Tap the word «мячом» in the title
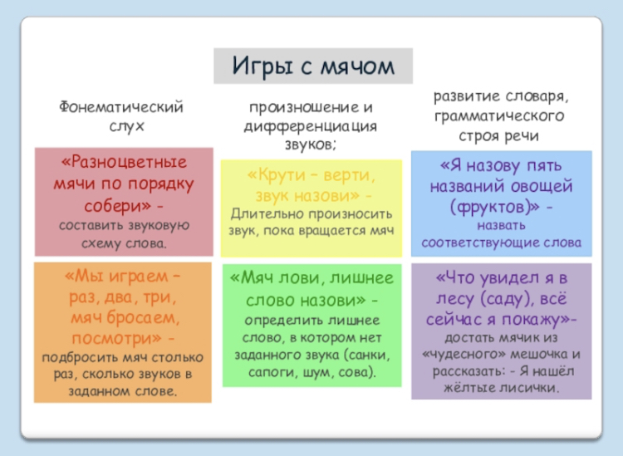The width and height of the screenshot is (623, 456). click(357, 66)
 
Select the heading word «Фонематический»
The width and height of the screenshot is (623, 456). click(121, 107)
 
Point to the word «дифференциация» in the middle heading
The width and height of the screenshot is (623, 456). click(311, 127)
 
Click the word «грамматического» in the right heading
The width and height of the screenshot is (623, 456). click(499, 116)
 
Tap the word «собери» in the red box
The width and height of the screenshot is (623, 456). click(118, 205)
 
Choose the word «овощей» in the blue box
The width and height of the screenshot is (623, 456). click(542, 186)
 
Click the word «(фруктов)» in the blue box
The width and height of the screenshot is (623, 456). click(495, 207)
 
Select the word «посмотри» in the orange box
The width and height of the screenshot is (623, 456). click(117, 338)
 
